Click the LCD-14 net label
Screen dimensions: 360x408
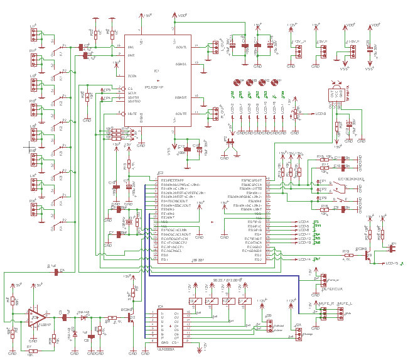(x=305, y=259)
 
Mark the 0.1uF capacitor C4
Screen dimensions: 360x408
(x=62, y=271)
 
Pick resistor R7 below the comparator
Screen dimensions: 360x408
(x=30, y=349)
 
